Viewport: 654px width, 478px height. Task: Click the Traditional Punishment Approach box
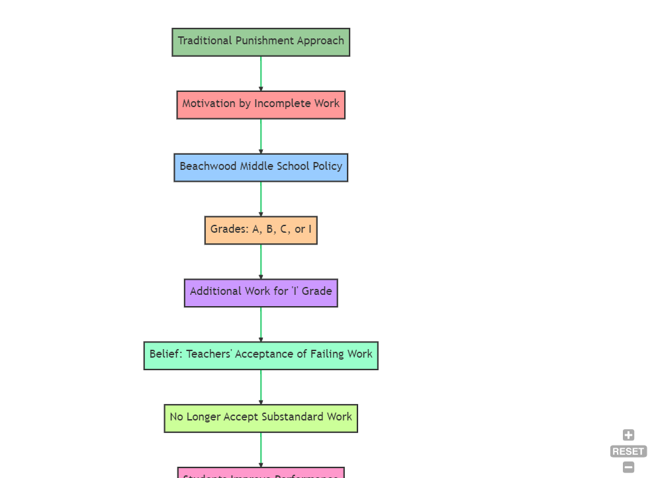[261, 42]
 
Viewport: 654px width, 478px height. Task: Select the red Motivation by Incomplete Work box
[261, 104]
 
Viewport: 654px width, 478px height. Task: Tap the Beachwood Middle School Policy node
[261, 167]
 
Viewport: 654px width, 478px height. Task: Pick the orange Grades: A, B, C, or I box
[261, 230]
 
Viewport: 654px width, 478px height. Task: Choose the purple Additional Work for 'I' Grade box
[261, 292]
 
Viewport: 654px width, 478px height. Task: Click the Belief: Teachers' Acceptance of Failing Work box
[261, 355]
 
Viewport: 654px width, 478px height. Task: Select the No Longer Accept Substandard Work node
[261, 418]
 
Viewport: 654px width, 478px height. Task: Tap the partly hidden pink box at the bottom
[261, 473]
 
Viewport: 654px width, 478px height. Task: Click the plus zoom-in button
[628, 435]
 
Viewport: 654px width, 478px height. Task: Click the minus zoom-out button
[628, 467]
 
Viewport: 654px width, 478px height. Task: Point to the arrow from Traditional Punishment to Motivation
[261, 73]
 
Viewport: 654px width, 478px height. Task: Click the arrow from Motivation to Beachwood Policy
[261, 136]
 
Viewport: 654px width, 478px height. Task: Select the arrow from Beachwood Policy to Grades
[261, 199]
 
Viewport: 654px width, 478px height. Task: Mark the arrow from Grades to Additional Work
[261, 262]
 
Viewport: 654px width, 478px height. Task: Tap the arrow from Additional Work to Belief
[261, 324]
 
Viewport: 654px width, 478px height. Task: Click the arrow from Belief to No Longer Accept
[261, 387]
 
